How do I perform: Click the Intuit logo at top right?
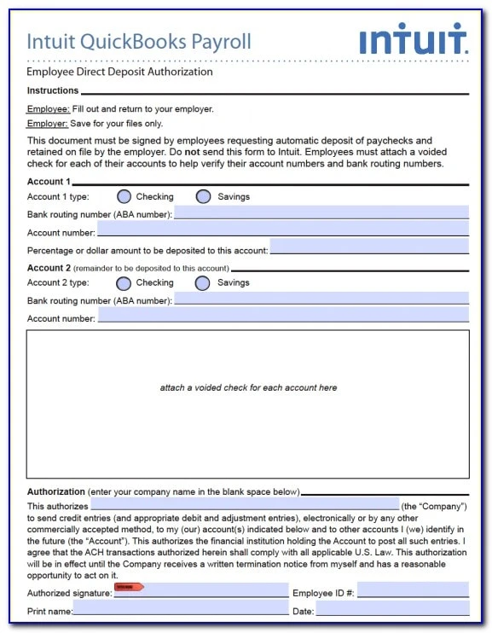point(413,40)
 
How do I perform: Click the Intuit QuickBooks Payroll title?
point(139,41)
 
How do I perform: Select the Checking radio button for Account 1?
point(124,197)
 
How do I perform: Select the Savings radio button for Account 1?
point(203,197)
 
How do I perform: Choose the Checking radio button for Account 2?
point(124,283)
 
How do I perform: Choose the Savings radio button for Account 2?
point(203,283)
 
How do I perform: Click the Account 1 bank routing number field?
point(321,213)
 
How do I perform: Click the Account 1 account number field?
point(282,230)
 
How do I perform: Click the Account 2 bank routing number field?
point(321,299)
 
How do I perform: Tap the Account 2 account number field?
point(282,316)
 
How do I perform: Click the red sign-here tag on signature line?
point(129,587)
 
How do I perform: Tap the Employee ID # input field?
point(413,590)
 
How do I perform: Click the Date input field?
point(392,609)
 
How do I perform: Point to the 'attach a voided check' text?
point(248,388)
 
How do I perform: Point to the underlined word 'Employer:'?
point(47,124)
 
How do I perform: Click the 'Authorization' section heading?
point(56,492)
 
